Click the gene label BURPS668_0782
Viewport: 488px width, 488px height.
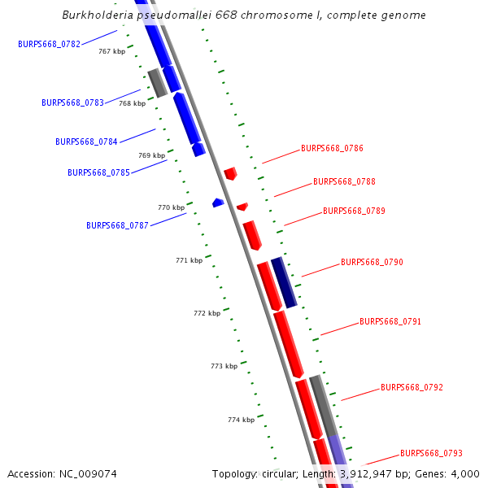click(x=49, y=44)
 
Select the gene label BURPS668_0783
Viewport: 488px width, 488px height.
click(x=72, y=102)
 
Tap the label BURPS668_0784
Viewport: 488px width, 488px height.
click(x=86, y=142)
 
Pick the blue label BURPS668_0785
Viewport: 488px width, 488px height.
click(x=98, y=172)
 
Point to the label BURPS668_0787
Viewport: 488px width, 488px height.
click(x=117, y=225)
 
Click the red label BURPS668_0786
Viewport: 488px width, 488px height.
click(x=332, y=149)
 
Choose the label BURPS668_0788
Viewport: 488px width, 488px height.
click(x=344, y=182)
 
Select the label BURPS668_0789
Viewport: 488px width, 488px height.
click(x=354, y=211)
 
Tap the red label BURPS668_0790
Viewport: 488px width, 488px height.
click(x=372, y=263)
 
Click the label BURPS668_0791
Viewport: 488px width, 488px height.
click(x=390, y=322)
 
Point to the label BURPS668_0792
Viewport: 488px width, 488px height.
click(x=412, y=388)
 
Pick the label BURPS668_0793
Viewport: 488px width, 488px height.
click(x=431, y=454)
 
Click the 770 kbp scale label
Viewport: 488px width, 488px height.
click(x=171, y=207)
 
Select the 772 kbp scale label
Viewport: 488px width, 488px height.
click(x=207, y=313)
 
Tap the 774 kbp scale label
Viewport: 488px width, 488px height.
click(x=241, y=420)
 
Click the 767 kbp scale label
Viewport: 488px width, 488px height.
click(x=111, y=51)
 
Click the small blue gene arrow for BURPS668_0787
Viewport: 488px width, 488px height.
click(x=218, y=203)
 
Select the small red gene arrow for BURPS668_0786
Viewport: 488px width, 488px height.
click(x=231, y=173)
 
